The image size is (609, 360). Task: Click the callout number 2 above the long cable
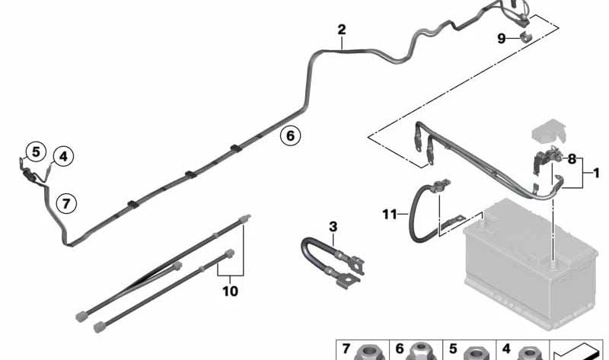point(342,30)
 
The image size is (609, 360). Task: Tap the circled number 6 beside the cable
point(289,136)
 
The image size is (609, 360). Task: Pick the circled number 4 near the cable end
point(63,157)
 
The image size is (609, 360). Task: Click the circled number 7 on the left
point(66,203)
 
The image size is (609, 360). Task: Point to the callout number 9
point(502,38)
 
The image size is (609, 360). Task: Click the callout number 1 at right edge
point(596,174)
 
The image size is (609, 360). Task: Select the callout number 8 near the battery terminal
point(572,158)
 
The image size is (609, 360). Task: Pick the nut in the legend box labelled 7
point(368,352)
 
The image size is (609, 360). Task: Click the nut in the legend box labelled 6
point(421,352)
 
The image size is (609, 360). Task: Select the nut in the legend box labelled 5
point(474,352)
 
